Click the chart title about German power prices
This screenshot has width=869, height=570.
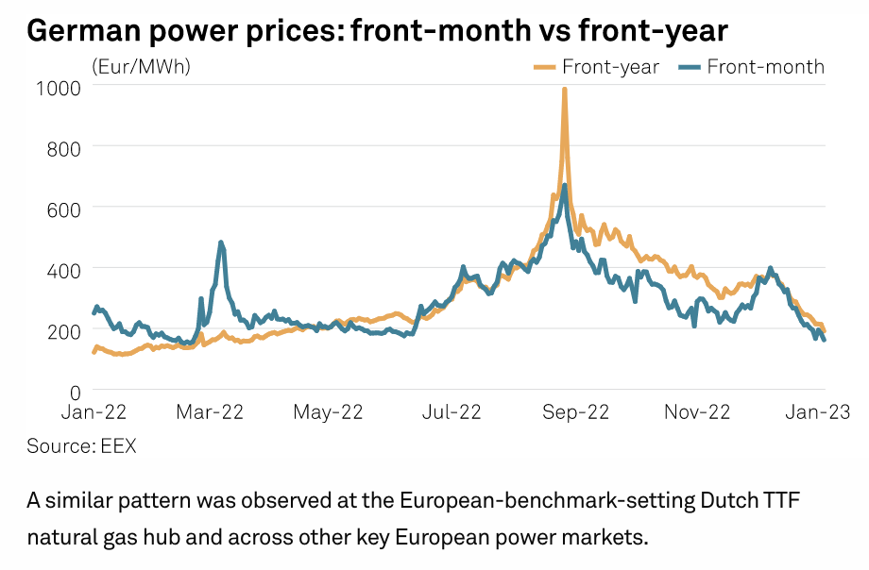click(x=377, y=30)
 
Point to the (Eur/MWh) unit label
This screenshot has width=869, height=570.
click(x=141, y=66)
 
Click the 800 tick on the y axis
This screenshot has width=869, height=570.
click(x=63, y=147)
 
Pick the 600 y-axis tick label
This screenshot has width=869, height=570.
click(x=63, y=208)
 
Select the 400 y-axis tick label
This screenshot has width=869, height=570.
click(x=63, y=269)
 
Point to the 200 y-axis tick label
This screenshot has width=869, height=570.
click(x=63, y=329)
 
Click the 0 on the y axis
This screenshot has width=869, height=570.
click(x=75, y=390)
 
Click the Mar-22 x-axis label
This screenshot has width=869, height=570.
click(x=210, y=412)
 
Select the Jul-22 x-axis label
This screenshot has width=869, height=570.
click(x=452, y=412)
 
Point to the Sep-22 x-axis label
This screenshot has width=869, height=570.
click(x=574, y=412)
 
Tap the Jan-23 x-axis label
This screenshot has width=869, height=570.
click(x=818, y=412)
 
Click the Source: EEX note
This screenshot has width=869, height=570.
click(x=81, y=446)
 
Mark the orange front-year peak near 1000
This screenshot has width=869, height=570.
click(x=564, y=91)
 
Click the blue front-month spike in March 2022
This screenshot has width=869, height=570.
click(x=221, y=243)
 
